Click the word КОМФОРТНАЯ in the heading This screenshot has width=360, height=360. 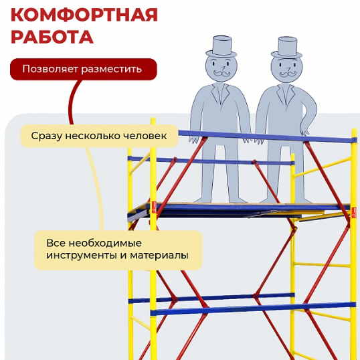click(84, 15)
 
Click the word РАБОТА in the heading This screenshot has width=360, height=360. click(52, 37)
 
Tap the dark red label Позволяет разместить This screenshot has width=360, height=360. click(84, 69)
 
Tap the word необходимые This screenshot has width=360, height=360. click(105, 243)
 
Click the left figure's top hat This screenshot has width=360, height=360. click(221, 47)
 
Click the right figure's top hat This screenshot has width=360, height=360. click(287, 48)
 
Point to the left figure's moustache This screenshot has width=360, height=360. click(221, 74)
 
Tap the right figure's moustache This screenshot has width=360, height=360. click(288, 74)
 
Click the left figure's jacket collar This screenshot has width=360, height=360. click(220, 94)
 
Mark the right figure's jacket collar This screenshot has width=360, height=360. click(286, 94)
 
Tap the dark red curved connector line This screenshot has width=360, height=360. click(71, 101)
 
